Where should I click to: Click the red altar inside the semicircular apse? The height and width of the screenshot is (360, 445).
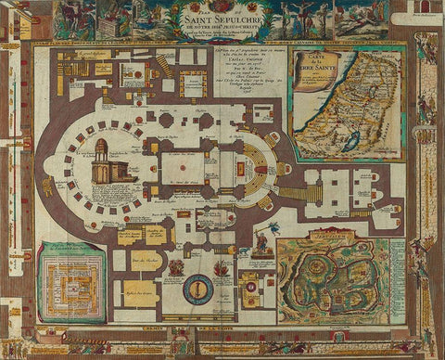pyautogui.click(x=243, y=171)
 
